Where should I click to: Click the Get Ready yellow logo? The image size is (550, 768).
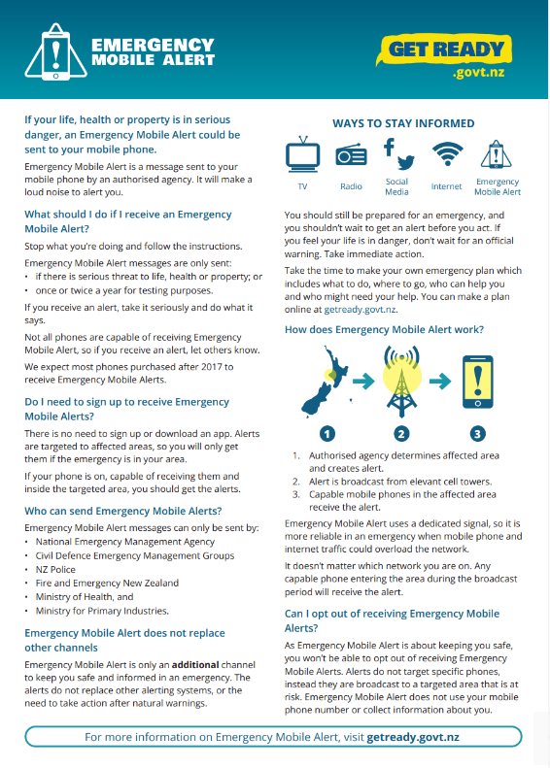point(444,50)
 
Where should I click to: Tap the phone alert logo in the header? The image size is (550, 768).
point(56,51)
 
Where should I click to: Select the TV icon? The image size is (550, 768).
point(303,154)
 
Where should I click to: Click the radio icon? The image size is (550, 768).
point(351,155)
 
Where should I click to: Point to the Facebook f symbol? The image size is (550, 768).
point(389,147)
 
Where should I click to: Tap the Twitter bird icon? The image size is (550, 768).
point(406,162)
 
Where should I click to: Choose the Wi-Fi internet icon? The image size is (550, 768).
point(447,153)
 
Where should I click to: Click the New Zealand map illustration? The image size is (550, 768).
point(325,382)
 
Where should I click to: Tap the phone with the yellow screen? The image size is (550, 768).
point(478,382)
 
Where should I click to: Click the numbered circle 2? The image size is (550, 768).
point(401,433)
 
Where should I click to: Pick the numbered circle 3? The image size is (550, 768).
point(477,433)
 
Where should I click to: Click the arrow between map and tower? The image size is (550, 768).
point(363,381)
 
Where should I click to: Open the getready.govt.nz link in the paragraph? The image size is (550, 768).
point(361,310)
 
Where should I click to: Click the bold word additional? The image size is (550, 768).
point(195,665)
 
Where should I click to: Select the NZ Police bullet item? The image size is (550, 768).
point(55,570)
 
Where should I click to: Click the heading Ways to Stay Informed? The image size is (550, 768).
point(403,123)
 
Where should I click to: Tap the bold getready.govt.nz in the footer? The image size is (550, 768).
point(413,737)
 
